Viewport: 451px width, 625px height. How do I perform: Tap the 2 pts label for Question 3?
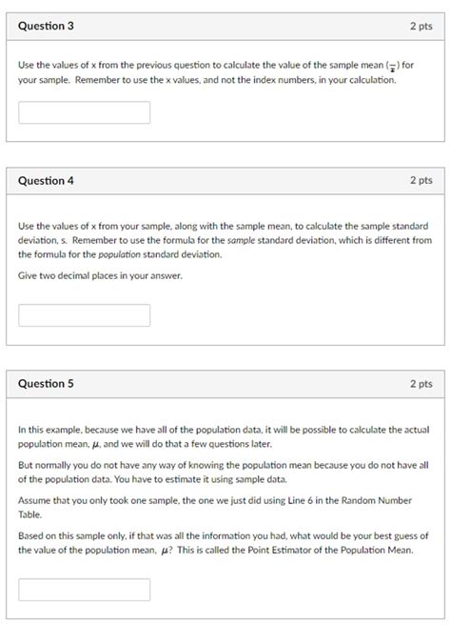click(421, 26)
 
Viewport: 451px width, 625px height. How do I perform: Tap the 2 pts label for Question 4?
click(421, 180)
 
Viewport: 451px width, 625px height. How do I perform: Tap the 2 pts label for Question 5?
click(421, 384)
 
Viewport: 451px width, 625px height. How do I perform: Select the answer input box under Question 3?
click(85, 112)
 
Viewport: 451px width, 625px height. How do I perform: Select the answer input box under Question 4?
click(85, 315)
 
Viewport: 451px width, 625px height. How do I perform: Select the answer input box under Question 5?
click(85, 589)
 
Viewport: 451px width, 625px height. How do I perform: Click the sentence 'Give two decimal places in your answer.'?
click(100, 275)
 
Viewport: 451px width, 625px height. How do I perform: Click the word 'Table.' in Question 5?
click(31, 514)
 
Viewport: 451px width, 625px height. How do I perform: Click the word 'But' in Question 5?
click(27, 465)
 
